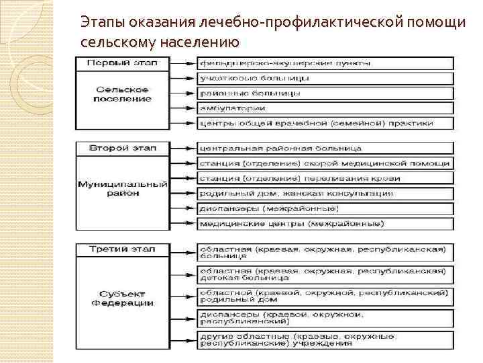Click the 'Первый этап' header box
click(x=121, y=63)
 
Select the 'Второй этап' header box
click(x=121, y=147)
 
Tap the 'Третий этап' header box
click(x=121, y=249)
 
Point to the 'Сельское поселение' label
click(x=121, y=93)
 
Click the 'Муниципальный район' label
click(x=121, y=188)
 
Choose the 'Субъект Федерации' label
click(x=121, y=298)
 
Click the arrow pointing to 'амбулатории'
click(x=181, y=108)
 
